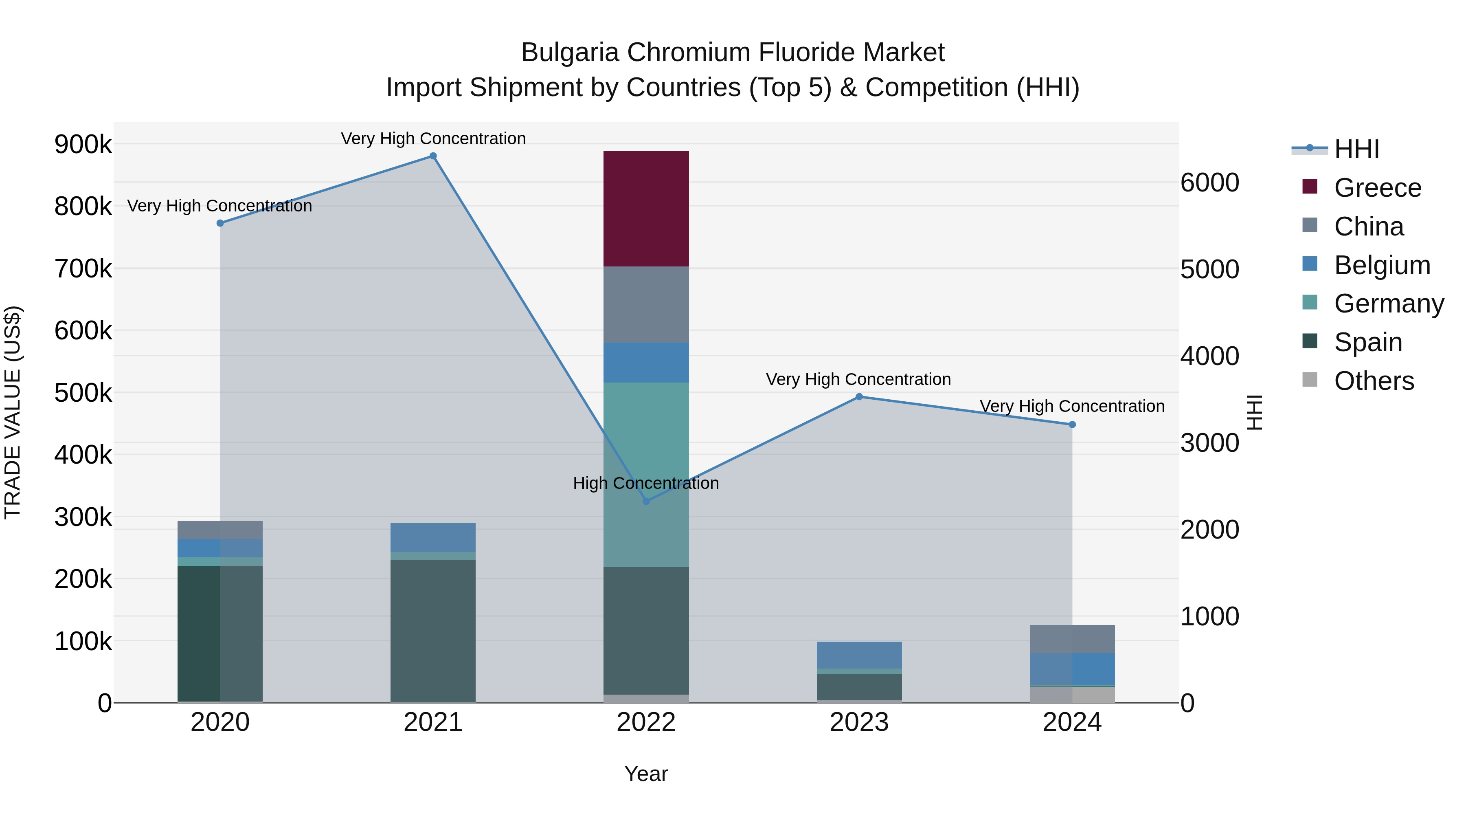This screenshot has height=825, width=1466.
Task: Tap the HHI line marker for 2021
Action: (433, 156)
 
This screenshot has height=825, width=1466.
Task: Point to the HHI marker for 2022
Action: (646, 501)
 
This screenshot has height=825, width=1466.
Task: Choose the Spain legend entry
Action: (1367, 342)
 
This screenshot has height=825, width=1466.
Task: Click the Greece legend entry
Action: (1377, 188)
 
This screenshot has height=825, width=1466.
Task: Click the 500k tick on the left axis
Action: (83, 392)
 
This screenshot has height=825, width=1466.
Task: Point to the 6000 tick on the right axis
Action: (1209, 183)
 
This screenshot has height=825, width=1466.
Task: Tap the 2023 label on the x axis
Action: (859, 722)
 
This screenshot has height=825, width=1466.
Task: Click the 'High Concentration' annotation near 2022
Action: (646, 483)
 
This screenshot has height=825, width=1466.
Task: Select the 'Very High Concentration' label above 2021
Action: (433, 139)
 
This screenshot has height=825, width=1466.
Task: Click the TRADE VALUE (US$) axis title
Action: (13, 412)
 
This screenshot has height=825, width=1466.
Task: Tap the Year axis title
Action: (646, 774)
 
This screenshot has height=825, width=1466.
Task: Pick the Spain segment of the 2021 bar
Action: (433, 630)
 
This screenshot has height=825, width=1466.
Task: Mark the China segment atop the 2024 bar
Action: (1072, 639)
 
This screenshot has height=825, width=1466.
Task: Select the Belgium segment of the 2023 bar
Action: (859, 655)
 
